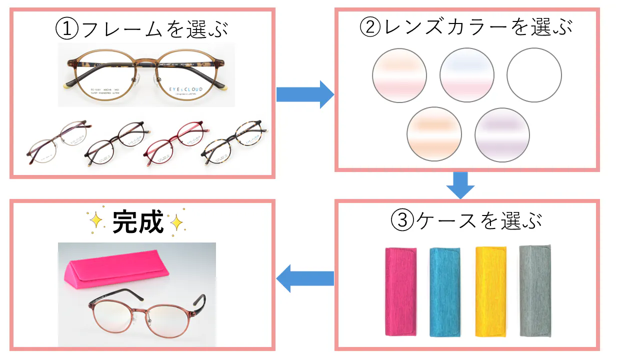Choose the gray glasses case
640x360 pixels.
[x=535, y=290]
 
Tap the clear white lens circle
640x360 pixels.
[x=534, y=75]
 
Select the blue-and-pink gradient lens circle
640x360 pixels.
[x=467, y=75]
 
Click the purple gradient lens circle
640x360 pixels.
[x=501, y=135]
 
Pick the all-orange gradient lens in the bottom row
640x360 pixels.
[x=434, y=134]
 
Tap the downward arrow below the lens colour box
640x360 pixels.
[x=460, y=185]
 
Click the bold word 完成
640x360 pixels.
[x=138, y=222]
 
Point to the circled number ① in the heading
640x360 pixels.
[x=67, y=29]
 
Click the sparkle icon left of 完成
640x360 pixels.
[x=96, y=220]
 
